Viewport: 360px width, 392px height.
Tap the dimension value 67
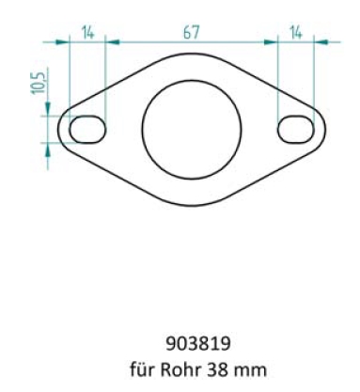coord(191,32)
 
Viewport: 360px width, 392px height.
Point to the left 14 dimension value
coord(87,32)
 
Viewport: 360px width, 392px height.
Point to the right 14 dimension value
coord(295,32)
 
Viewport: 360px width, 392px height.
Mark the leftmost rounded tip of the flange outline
coord(59,129)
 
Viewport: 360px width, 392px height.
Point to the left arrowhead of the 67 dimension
coord(109,41)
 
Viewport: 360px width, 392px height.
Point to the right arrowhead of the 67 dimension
coord(274,41)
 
